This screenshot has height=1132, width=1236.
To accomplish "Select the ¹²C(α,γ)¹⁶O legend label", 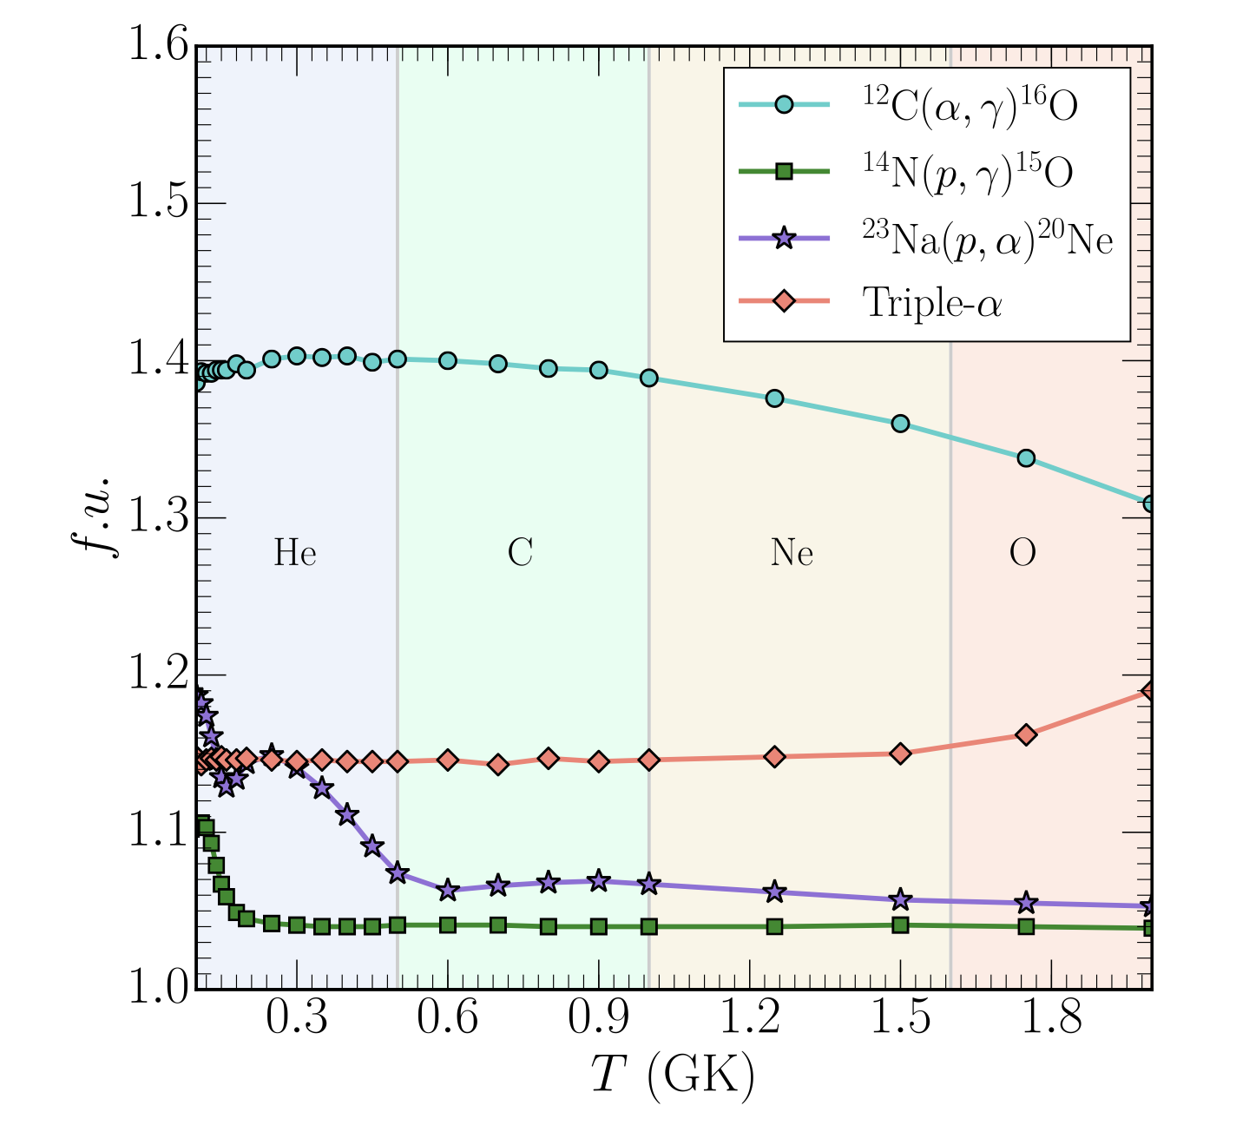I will click(969, 107).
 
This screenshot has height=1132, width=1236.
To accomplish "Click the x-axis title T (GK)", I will click(673, 1076).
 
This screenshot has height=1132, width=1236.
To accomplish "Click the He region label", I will click(295, 553).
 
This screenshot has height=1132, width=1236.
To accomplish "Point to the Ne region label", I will click(792, 553).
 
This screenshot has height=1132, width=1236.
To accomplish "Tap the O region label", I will click(1022, 553).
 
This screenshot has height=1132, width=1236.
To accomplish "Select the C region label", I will click(520, 553).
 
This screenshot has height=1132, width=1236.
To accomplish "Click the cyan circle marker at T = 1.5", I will click(900, 424).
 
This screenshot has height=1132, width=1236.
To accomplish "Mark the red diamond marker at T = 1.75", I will click(1026, 734).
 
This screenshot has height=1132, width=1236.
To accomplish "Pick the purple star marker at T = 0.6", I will click(448, 890).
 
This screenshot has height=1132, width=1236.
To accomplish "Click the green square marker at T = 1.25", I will click(775, 926).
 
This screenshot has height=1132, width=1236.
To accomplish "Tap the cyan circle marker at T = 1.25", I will click(775, 398).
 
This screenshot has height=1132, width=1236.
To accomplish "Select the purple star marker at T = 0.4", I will click(347, 814).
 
